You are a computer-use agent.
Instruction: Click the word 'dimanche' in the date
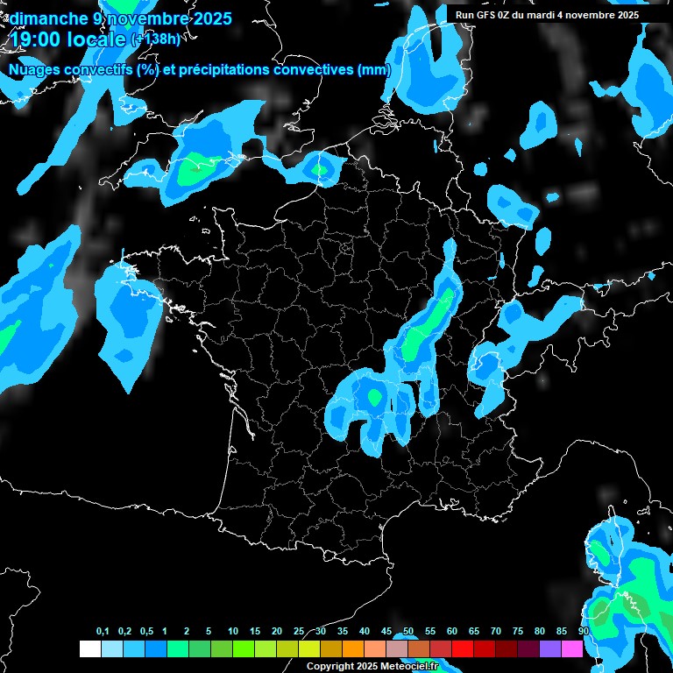pyautogui.click(x=45, y=18)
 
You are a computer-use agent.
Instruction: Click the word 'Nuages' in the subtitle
pyautogui.click(x=36, y=70)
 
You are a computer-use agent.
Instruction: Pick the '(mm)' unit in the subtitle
pyautogui.click(x=373, y=70)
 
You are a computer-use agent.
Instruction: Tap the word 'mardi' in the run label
pyautogui.click(x=549, y=15)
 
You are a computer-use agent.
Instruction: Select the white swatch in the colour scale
pyautogui.click(x=89, y=648)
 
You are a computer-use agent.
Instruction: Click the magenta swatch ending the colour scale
pyautogui.click(x=572, y=648)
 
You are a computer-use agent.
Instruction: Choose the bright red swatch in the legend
pyautogui.click(x=463, y=648)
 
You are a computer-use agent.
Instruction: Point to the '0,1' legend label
pyautogui.click(x=103, y=632)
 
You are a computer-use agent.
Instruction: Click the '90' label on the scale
pyautogui.click(x=584, y=632)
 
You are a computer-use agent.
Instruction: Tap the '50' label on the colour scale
pyautogui.click(x=408, y=632)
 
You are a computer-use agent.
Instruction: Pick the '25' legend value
pyautogui.click(x=299, y=632)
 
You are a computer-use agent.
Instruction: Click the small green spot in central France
pyautogui.click(x=374, y=397)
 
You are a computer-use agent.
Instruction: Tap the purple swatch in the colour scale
pyautogui.click(x=550, y=648)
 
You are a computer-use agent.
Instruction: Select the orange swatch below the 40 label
pyautogui.click(x=353, y=648)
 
